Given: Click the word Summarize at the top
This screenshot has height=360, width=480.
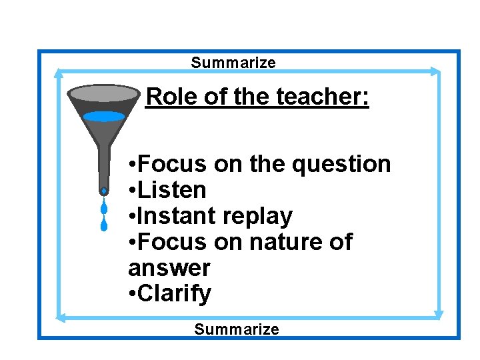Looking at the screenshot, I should pos(233,63).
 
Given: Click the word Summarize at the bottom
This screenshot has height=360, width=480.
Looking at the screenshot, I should pos(237,329).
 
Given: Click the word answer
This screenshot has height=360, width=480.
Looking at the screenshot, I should pos(169,269).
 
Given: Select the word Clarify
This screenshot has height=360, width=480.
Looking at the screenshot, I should pos(175,294).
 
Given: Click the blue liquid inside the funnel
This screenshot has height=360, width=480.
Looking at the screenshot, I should pos(104,116).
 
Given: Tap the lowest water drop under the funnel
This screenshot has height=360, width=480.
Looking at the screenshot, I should pos(104,225).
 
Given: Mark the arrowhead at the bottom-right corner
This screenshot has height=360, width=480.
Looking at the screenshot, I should pos(438,314).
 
